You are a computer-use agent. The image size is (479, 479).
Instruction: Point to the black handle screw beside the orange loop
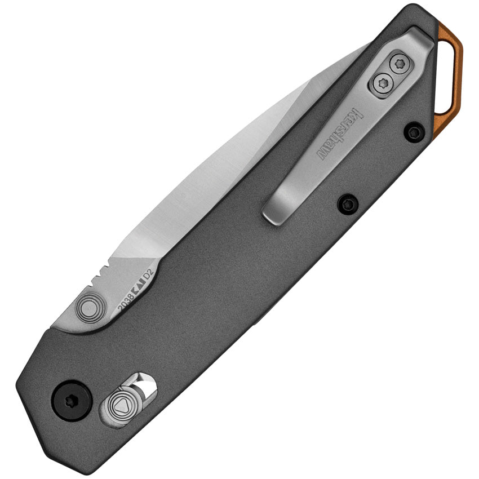pyautogui.click(x=414, y=132)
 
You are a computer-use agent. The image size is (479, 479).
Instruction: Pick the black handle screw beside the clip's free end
pyautogui.click(x=348, y=203)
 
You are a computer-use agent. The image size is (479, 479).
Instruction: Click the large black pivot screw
pyautogui.click(x=72, y=400)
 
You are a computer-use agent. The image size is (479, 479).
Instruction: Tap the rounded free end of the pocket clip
pyautogui.click(x=275, y=212)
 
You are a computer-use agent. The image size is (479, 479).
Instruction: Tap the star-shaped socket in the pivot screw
pyautogui.click(x=72, y=400)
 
